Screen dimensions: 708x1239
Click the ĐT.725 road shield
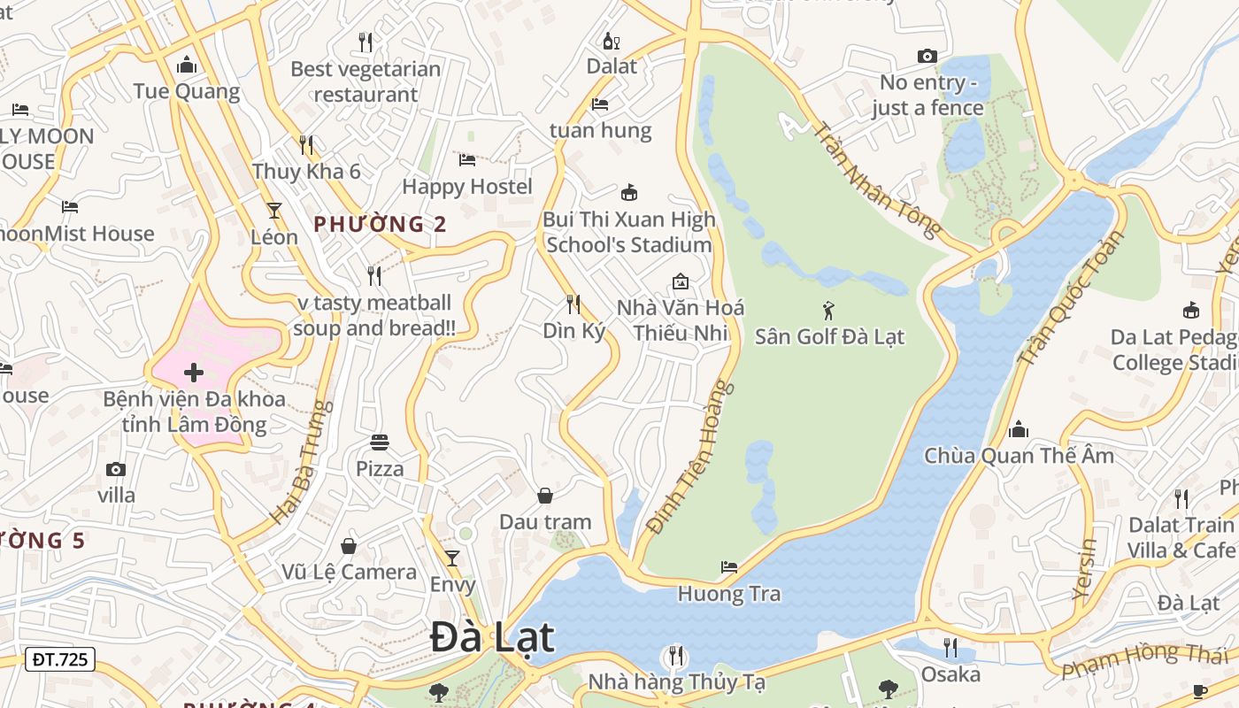point(60,658)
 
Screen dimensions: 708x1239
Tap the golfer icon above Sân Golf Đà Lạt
point(828,311)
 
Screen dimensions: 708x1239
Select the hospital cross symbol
point(194,373)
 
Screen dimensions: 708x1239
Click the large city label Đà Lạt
point(493,638)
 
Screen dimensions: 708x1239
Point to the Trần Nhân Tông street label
point(876,181)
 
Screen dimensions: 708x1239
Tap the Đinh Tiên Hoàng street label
point(691,457)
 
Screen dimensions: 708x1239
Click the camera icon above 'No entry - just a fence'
point(927,57)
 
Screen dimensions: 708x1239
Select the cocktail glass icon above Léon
point(274,211)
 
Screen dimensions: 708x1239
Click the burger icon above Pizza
point(380,442)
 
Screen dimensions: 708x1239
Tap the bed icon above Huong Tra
point(729,566)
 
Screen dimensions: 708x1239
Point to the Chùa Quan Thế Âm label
point(1019,456)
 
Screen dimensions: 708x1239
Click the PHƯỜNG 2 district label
point(381,224)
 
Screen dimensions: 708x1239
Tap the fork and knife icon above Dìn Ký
point(573,304)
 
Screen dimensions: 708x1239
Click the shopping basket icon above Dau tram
point(545,496)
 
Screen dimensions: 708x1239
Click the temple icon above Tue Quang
point(187,65)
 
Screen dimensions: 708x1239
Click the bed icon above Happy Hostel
point(467,160)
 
